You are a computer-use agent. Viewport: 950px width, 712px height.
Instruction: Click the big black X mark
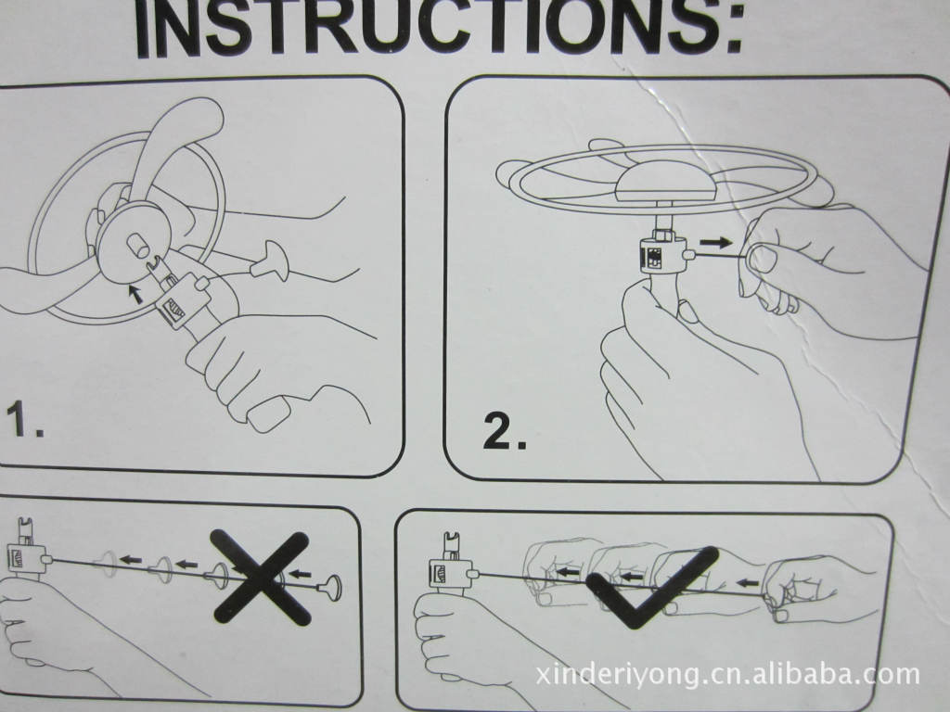tap(261, 577)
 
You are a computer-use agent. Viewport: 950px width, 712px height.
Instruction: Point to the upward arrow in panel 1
tap(137, 294)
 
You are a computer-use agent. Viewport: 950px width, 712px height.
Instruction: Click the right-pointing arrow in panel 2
tap(715, 242)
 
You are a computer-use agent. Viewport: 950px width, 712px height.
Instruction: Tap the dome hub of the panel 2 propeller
tap(665, 184)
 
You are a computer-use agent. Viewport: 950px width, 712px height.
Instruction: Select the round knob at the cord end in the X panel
tap(330, 587)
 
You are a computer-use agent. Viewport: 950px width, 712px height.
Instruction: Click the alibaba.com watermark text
tap(727, 674)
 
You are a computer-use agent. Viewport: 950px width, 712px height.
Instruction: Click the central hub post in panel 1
tap(137, 245)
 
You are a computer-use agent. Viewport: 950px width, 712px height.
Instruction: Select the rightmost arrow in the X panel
tap(300, 573)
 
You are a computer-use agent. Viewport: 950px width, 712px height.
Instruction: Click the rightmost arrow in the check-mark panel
tap(749, 583)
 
